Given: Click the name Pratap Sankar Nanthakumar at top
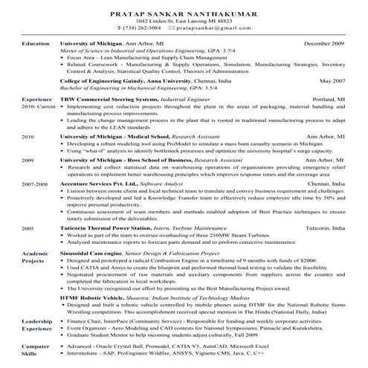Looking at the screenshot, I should coord(184,13).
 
